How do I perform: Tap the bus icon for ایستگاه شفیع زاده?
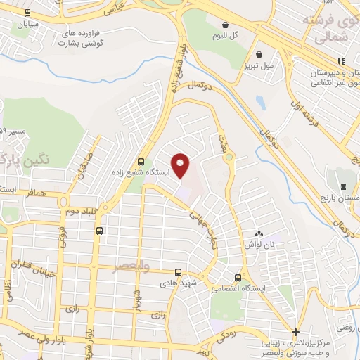142,161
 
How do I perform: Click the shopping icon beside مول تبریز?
260,55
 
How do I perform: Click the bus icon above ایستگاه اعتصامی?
240,277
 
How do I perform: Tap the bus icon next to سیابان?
27,13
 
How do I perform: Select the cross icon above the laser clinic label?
296,331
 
